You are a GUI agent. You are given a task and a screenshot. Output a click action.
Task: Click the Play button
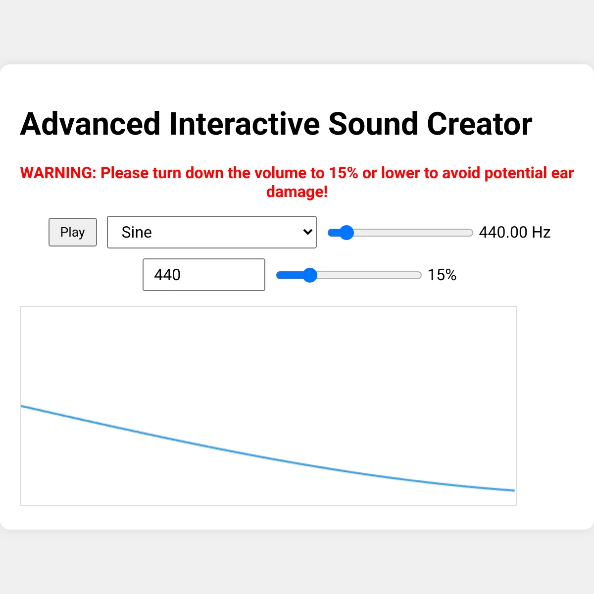(x=73, y=232)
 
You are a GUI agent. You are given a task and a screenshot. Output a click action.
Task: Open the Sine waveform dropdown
(x=212, y=232)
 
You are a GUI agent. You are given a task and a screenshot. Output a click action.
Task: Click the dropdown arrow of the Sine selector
(x=307, y=232)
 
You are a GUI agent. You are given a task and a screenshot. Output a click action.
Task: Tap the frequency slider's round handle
(x=346, y=233)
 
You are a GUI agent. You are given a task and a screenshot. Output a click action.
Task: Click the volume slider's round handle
(x=310, y=275)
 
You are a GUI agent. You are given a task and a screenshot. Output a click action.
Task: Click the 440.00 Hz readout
(x=514, y=233)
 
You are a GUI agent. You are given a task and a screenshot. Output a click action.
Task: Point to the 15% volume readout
(x=442, y=275)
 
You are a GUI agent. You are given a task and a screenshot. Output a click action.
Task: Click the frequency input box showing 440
(x=204, y=275)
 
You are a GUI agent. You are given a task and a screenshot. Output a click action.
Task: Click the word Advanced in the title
(x=90, y=124)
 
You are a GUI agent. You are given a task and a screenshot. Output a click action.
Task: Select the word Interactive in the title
(x=245, y=124)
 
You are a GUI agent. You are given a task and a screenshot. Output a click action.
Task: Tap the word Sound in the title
(x=373, y=124)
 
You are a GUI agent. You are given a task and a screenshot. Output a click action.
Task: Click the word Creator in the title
(x=480, y=124)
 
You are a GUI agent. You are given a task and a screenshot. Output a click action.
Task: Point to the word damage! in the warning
(x=297, y=192)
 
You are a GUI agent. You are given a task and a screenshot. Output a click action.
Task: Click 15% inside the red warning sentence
(x=344, y=173)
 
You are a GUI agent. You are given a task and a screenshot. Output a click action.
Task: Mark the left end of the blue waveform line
(x=21, y=406)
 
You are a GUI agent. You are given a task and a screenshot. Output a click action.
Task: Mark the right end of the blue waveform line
(x=514, y=490)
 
